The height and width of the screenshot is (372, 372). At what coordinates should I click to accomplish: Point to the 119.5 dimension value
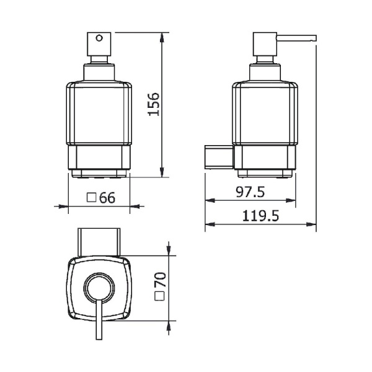click(x=260, y=216)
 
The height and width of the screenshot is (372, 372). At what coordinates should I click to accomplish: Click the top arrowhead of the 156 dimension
click(x=162, y=36)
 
